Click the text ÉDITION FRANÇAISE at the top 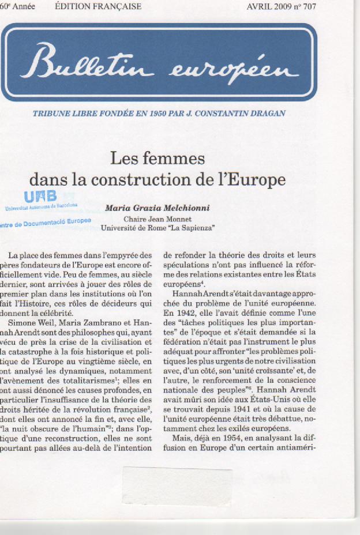98,7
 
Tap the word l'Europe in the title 253,179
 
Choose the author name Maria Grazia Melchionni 157,208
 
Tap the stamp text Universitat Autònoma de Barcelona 41,206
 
